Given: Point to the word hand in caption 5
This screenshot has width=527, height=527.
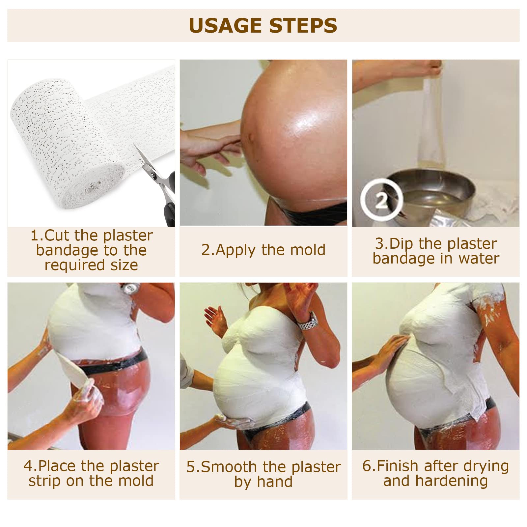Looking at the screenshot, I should click(x=275, y=482).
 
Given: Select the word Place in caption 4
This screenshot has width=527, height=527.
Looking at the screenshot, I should click(x=57, y=466).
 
